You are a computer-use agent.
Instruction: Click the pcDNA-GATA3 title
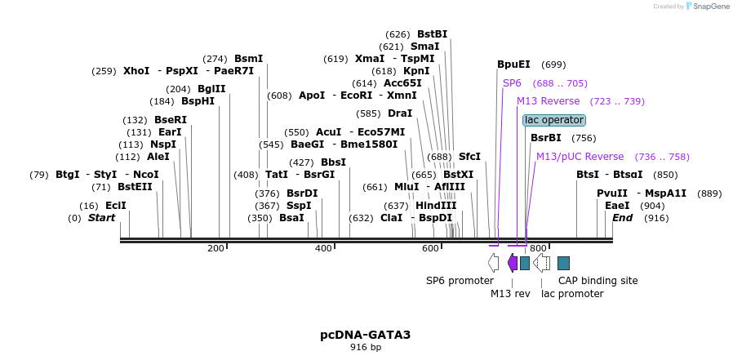pyautogui.click(x=365, y=335)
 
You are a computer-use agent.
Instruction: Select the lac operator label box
pyautogui.click(x=554, y=120)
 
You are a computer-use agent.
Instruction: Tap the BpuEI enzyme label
pyautogui.click(x=513, y=64)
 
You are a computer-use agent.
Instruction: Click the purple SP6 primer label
pyautogui.click(x=512, y=83)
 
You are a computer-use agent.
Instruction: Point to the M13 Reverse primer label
pyautogui.click(x=548, y=101)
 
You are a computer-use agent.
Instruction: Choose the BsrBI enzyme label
pyautogui.click(x=546, y=138)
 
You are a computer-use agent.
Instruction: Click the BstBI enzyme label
pyautogui.click(x=432, y=34)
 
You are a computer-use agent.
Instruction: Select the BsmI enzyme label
pyautogui.click(x=248, y=59)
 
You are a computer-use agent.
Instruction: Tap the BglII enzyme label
pyautogui.click(x=211, y=89)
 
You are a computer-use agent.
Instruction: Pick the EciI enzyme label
pyautogui.click(x=115, y=206)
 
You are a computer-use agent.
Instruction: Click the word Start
pyautogui.click(x=101, y=218)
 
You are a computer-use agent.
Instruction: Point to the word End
pyautogui.click(x=622, y=218)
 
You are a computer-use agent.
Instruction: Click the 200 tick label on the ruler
pyautogui.click(x=215, y=248)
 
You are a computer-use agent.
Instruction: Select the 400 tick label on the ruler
pyautogui.click(x=323, y=248)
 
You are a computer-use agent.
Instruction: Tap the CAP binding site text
pyautogui.click(x=598, y=280)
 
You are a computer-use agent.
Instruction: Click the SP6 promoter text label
pyautogui.click(x=460, y=280)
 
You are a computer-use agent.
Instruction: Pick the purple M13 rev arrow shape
pyautogui.click(x=513, y=263)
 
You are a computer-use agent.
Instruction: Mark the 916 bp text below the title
pyautogui.click(x=365, y=347)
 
